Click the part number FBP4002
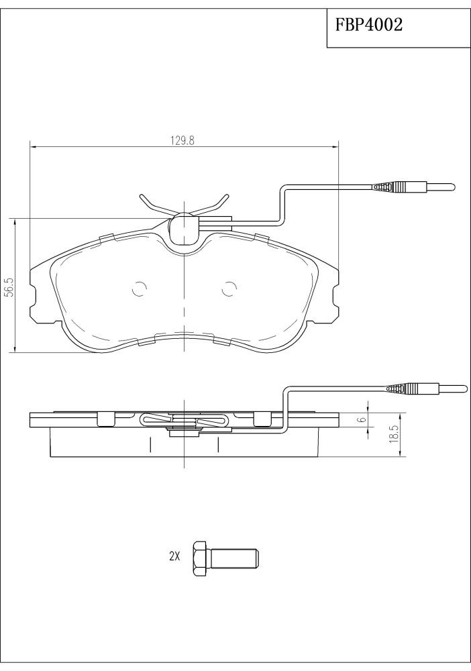(x=368, y=25)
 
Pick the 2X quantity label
(x=174, y=556)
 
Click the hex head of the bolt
(x=201, y=558)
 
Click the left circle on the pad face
(x=139, y=290)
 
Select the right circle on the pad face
(x=229, y=290)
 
